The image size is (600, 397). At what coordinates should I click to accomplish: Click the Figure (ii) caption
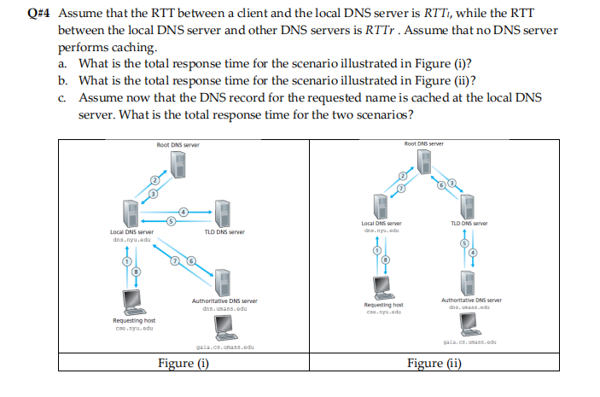tap(436, 363)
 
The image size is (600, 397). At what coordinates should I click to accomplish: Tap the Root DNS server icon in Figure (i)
tap(178, 165)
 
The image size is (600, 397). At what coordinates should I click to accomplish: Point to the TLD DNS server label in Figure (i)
tap(224, 232)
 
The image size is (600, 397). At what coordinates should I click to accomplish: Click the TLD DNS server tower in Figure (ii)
tap(468, 205)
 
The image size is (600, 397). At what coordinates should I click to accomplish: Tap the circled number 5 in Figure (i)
tap(171, 221)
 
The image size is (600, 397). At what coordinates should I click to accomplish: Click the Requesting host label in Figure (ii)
tap(383, 306)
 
